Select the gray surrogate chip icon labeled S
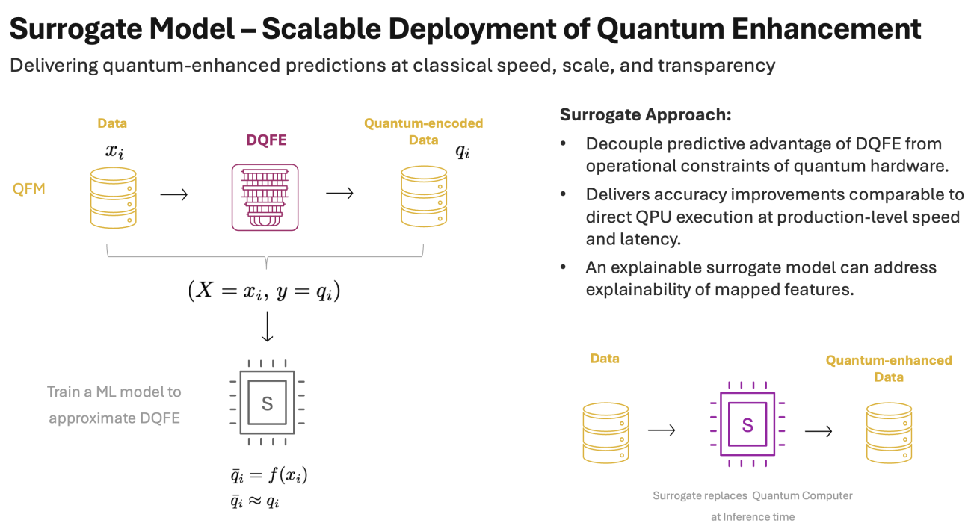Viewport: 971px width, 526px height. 267,403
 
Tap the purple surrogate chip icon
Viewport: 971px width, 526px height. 747,425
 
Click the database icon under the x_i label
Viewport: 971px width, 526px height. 114,197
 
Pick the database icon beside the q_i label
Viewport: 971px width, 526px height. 424,197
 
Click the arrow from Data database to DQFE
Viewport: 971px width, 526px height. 174,194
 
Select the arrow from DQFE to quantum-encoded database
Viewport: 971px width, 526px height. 339,193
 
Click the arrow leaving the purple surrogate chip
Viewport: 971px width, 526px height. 819,431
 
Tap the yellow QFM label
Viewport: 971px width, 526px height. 29,189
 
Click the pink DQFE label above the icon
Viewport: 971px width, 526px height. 266,140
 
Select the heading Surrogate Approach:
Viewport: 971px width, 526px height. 645,115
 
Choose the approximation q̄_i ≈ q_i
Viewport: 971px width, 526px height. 255,501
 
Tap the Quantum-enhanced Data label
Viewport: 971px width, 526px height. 888,368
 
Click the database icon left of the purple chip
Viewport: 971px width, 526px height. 605,431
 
